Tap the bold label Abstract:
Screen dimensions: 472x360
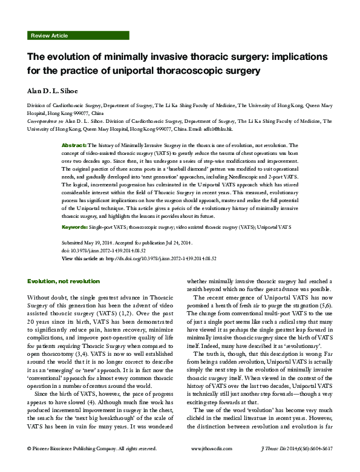click(x=74, y=146)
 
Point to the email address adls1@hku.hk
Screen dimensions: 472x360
click(x=227, y=128)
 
